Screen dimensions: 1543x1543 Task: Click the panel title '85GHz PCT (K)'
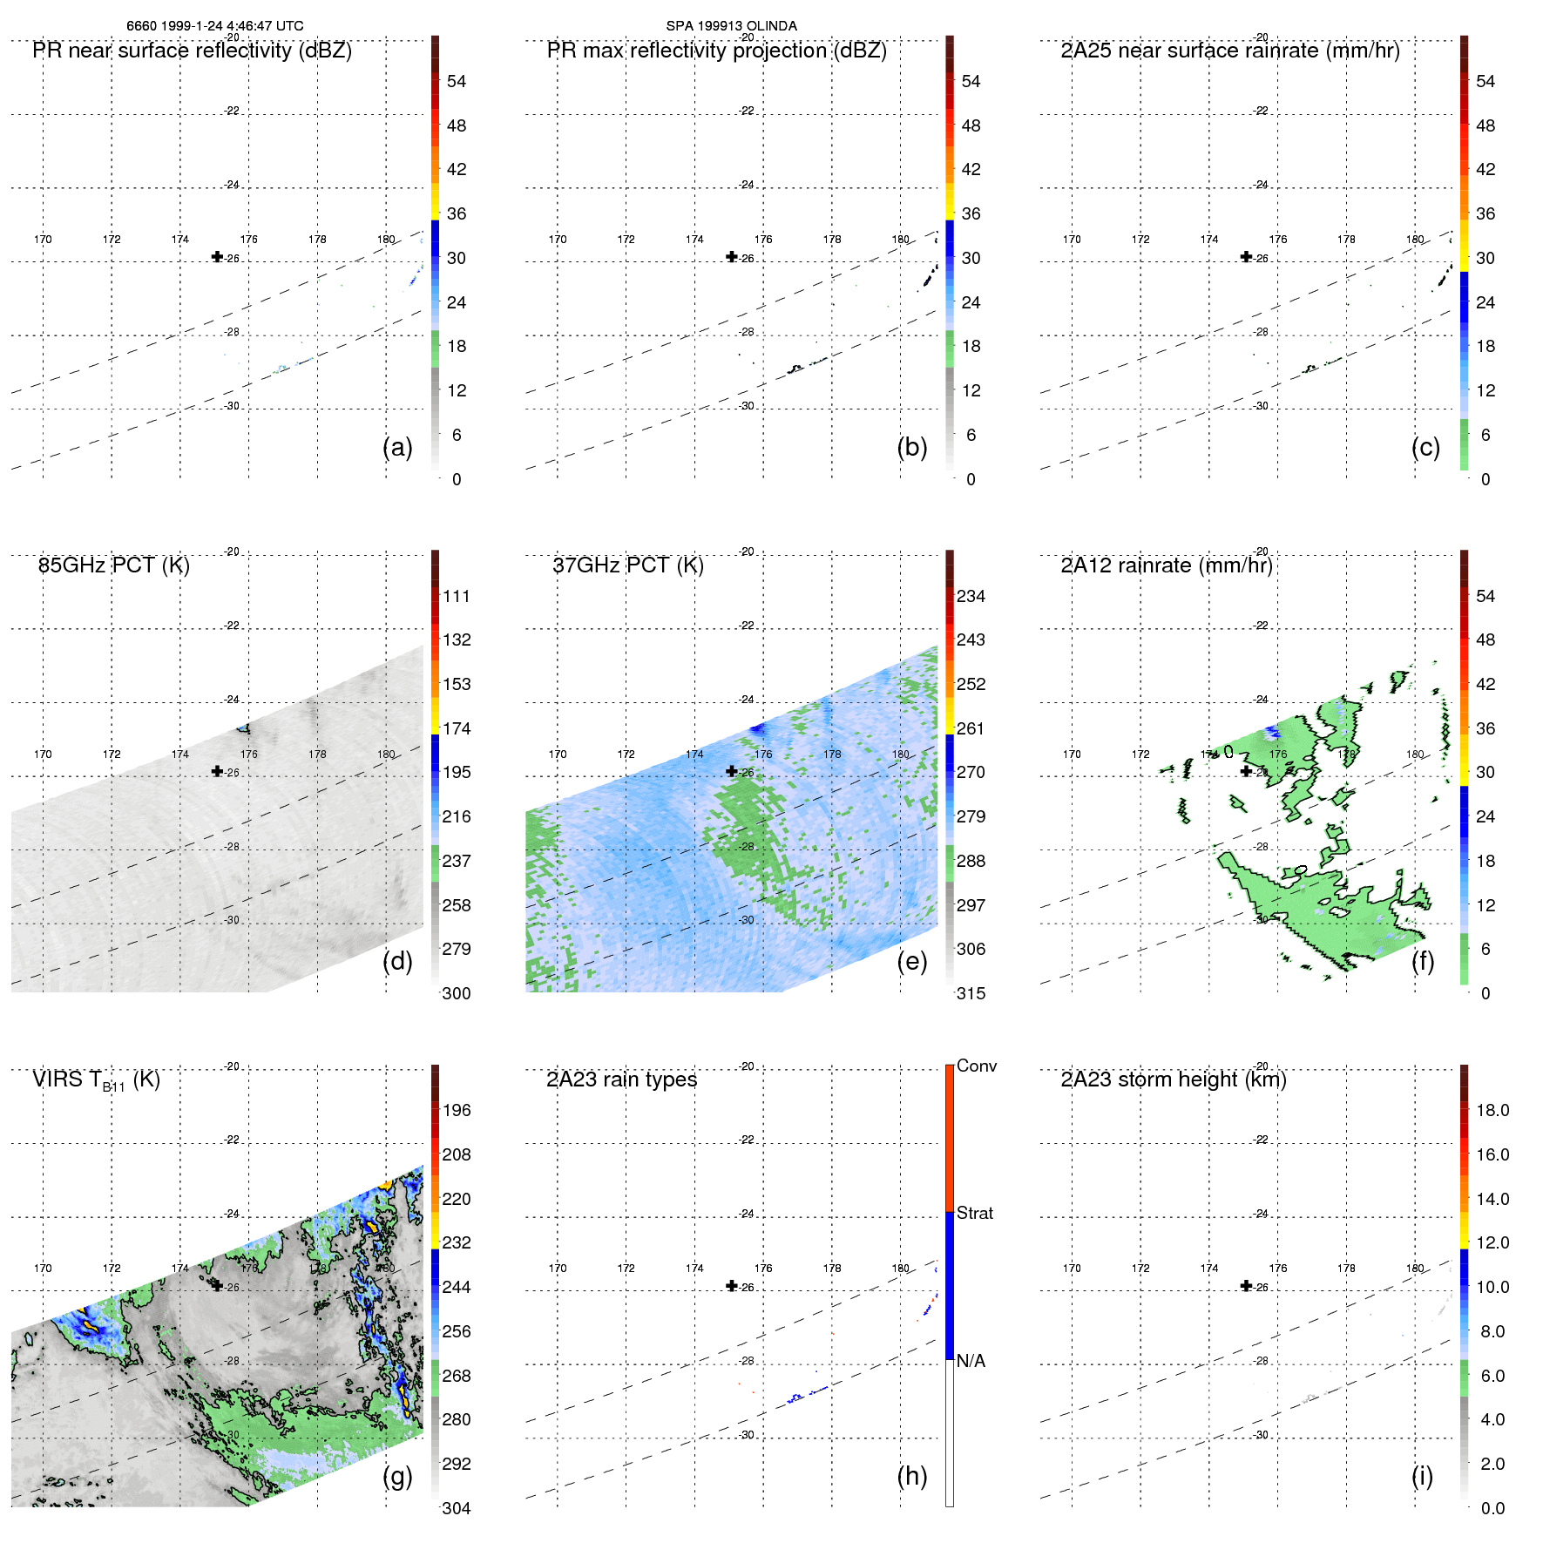(113, 565)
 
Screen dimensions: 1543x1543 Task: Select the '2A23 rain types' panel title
(621, 1079)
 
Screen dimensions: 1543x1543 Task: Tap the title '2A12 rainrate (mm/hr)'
(1166, 565)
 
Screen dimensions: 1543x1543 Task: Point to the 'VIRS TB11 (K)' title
(96, 1080)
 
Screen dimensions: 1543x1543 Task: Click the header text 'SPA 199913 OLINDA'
(731, 26)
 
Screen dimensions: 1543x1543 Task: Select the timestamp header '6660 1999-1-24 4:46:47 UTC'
(215, 26)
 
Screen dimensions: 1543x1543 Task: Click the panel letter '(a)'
(397, 447)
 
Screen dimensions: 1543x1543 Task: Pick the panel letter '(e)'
(911, 961)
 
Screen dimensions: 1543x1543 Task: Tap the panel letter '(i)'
(1422, 1476)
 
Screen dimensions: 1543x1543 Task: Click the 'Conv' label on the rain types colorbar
(976, 1066)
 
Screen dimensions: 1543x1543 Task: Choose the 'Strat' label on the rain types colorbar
(974, 1213)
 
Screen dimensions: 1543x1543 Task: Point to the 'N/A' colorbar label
(971, 1361)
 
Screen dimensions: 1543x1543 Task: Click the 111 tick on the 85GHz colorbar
(456, 596)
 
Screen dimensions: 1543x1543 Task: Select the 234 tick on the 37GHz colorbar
(971, 596)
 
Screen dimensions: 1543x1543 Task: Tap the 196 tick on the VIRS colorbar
(456, 1110)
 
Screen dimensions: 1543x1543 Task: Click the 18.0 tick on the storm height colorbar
(1492, 1110)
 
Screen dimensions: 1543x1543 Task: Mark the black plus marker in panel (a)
(217, 256)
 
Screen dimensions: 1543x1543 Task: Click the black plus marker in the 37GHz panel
(732, 771)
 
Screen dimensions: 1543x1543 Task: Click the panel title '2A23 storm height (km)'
(1173, 1079)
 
